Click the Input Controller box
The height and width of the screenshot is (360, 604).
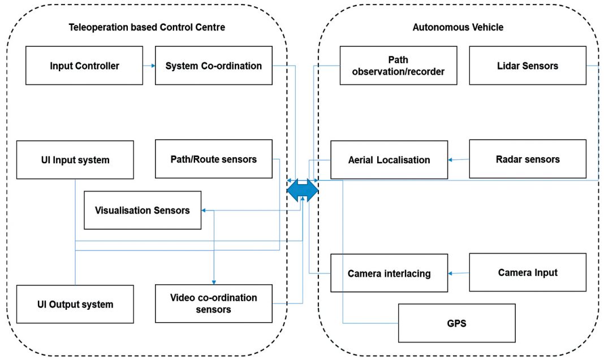point(84,66)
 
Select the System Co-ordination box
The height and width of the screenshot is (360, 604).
point(214,66)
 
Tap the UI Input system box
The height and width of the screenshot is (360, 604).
point(75,160)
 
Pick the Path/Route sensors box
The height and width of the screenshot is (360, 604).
point(214,159)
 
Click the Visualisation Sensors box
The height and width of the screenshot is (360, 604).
point(143,210)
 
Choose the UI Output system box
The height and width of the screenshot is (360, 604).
point(75,304)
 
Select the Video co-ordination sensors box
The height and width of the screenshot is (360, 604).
point(214,303)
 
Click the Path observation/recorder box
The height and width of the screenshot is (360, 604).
point(398,66)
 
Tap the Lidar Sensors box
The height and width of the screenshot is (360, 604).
point(528,66)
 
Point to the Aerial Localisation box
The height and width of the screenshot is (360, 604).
point(389,160)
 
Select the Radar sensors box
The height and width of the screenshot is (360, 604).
point(528,159)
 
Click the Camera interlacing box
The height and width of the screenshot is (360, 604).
point(389,273)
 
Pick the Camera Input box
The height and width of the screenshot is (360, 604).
point(528,272)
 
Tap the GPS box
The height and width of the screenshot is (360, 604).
point(456,323)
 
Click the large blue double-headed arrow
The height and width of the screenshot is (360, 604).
point(303,190)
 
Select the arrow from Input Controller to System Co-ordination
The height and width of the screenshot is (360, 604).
point(149,66)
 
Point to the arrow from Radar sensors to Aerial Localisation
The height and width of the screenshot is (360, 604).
point(459,160)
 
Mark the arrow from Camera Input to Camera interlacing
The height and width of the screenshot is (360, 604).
point(459,273)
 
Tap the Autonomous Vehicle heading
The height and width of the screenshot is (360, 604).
point(458,27)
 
